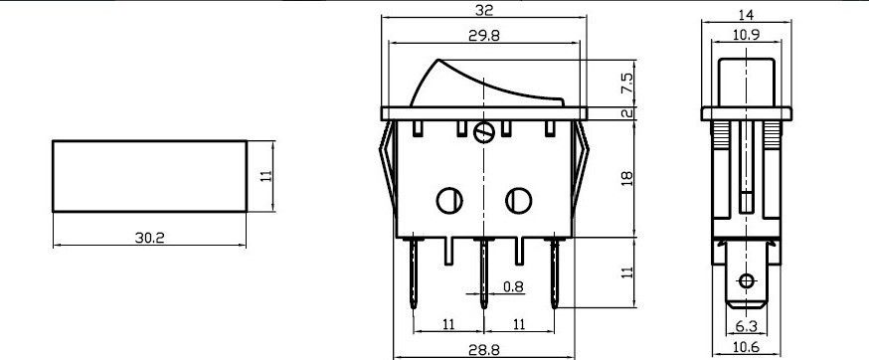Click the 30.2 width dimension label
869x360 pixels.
149,238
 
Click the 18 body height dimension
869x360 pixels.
626,177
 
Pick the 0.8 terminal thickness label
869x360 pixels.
513,288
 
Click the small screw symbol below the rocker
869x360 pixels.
485,131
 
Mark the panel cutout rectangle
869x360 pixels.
149,175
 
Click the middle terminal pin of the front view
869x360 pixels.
483,273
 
